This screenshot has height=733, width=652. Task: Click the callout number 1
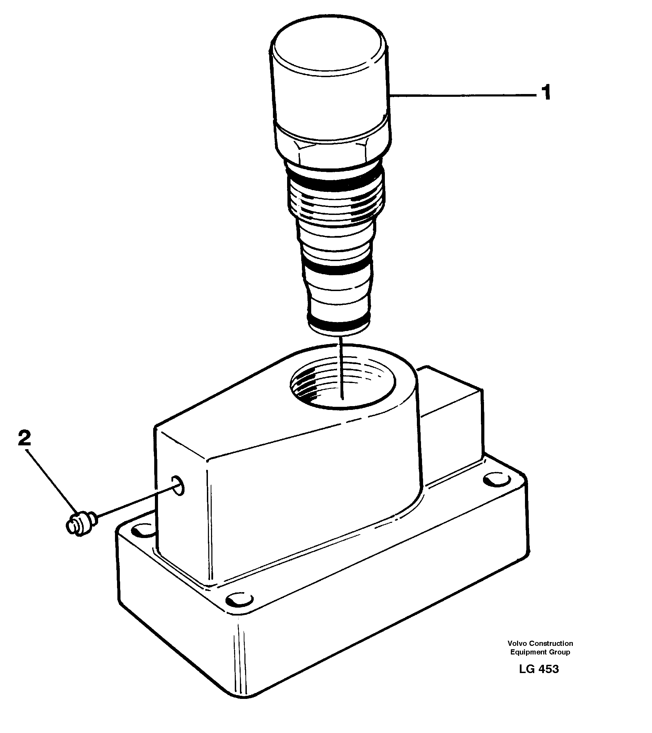tap(545, 93)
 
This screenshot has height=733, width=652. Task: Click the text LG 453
tap(538, 669)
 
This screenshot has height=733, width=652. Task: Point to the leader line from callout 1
tap(462, 95)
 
